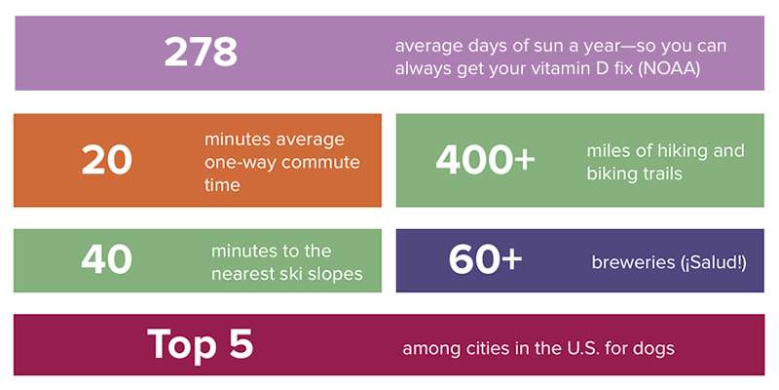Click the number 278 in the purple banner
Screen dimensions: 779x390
coord(201,52)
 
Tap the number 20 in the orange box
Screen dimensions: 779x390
coord(107,160)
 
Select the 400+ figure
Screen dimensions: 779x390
coord(485,160)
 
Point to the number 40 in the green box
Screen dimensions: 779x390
coord(106,259)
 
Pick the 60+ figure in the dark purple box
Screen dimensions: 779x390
coord(485,259)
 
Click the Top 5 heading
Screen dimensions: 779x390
coord(201,344)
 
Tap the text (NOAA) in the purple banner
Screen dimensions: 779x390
coord(669,69)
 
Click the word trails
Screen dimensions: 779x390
coord(659,174)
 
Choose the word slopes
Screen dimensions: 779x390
coord(339,275)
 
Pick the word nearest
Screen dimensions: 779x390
coord(248,274)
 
